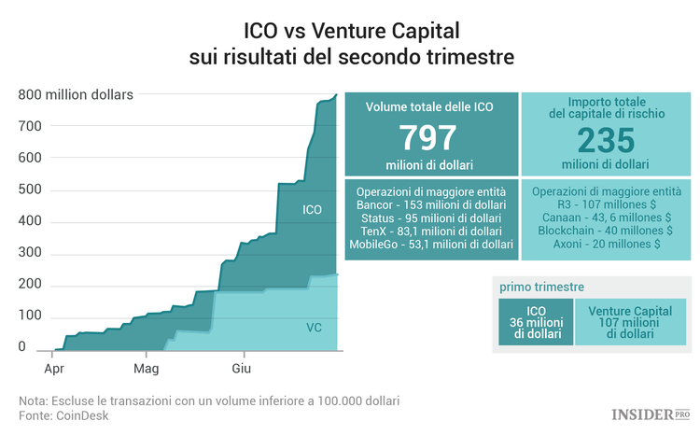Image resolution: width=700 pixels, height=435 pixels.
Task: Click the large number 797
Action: coord(430,138)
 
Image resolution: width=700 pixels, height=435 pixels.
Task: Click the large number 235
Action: coord(605,141)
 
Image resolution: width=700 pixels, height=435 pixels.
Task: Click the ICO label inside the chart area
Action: coord(313,210)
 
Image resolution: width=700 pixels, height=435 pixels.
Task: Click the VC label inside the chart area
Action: coord(315,328)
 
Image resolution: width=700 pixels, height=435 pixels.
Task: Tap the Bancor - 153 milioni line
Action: coord(430,204)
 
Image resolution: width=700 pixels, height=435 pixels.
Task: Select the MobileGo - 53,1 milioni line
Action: coord(430,244)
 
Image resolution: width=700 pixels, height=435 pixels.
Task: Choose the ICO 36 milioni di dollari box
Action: coord(536,322)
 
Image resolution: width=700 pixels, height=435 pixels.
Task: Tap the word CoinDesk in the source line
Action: coord(80,414)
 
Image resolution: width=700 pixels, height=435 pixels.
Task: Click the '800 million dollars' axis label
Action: coord(76,93)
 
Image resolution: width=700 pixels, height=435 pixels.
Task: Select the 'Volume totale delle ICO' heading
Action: coord(430,106)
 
